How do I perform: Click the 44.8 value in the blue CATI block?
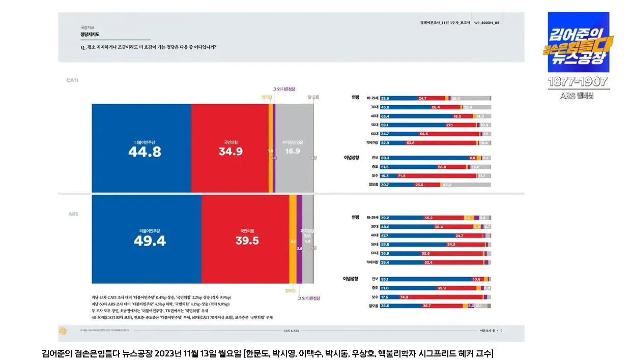[x=145, y=152]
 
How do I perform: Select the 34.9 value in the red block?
[x=231, y=152]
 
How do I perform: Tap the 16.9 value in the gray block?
[x=292, y=151]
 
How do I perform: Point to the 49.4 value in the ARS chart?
[x=150, y=241]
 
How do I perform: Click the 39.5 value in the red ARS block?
[x=247, y=241]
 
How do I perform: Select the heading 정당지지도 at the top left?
[x=90, y=35]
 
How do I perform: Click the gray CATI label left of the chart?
[x=72, y=80]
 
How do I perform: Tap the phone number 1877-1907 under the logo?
[x=578, y=82]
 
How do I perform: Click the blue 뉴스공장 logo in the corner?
[x=578, y=43]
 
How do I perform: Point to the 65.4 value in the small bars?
[x=385, y=116]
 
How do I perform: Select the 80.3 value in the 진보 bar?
[x=385, y=158]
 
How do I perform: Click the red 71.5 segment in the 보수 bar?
[x=401, y=176]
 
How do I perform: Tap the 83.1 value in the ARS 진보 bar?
[x=385, y=279]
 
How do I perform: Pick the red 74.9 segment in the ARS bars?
[x=405, y=297]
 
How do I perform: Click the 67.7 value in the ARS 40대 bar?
[x=385, y=235]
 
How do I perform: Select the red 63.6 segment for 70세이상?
[x=410, y=143]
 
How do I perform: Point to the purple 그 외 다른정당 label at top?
[x=284, y=89]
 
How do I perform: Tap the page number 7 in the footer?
[x=501, y=331]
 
